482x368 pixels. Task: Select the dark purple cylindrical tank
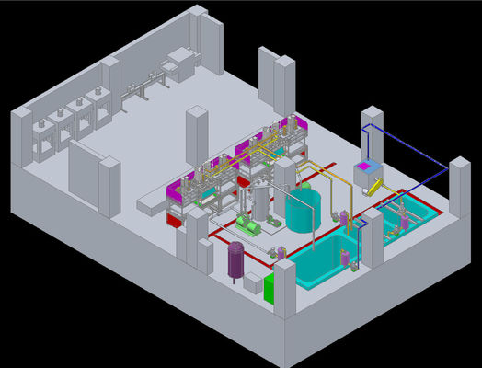236,259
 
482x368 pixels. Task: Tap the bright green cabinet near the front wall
270,288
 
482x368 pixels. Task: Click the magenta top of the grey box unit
368,167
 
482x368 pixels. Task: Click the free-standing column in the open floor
197,136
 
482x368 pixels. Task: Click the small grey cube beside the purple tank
251,282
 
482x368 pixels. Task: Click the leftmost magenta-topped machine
179,195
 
